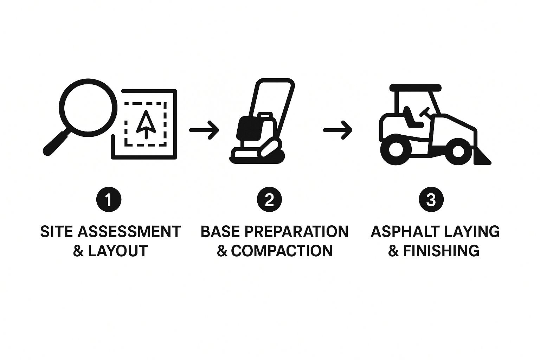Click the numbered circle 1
[109, 199]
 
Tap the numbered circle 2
[269, 199]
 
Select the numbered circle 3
[431, 199]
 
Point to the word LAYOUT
[118, 251]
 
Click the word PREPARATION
[296, 232]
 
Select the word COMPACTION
[282, 251]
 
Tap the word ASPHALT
[405, 232]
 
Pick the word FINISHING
[441, 251]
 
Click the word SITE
[56, 232]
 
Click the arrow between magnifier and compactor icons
[204, 130]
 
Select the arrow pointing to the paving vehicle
[338, 130]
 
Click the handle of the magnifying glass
[56, 143]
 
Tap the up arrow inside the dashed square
[146, 124]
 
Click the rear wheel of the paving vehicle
[396, 150]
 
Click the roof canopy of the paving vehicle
[415, 88]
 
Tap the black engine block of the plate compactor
[249, 129]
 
